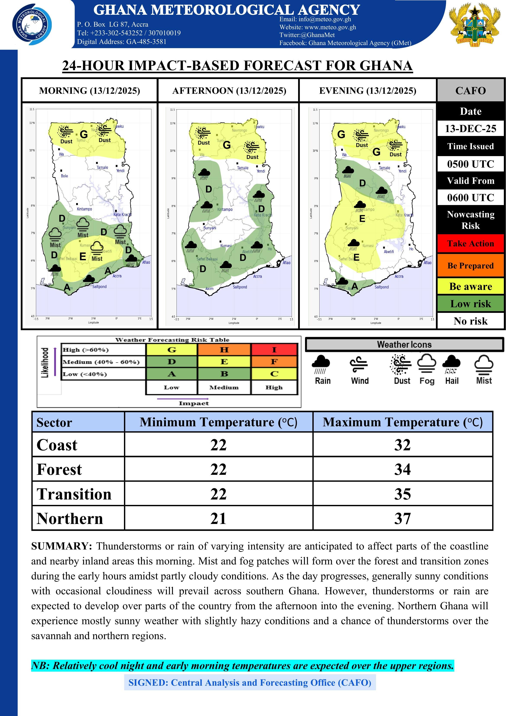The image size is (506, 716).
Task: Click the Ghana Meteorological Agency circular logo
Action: [x=32, y=25]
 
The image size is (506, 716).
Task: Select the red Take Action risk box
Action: [x=471, y=244]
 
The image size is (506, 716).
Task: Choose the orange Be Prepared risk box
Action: [x=471, y=266]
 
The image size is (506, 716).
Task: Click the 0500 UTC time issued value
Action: [x=471, y=164]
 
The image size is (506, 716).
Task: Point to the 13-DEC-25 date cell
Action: [x=471, y=128]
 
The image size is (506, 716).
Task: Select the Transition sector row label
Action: [x=74, y=494]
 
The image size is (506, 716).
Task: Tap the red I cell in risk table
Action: [x=274, y=350]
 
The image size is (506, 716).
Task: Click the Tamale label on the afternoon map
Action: [x=243, y=168]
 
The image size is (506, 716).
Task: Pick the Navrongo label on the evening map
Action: [x=381, y=130]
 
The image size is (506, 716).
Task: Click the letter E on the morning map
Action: [x=83, y=257]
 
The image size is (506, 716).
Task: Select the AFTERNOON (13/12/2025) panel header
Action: [x=229, y=91]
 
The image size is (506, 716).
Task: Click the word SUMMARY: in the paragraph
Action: [x=61, y=546]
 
